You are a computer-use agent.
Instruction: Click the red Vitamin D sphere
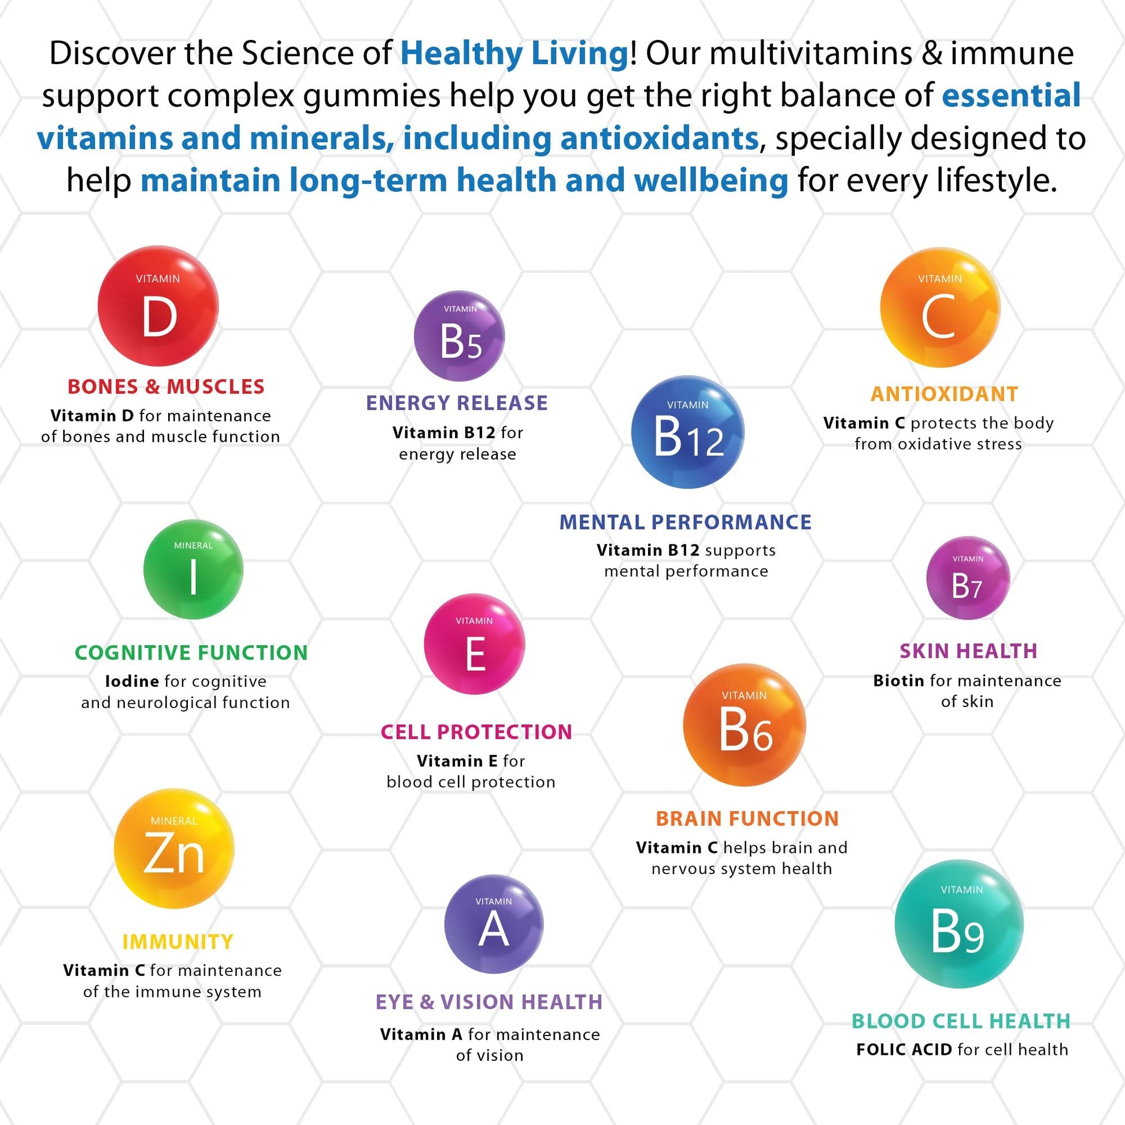click(x=158, y=306)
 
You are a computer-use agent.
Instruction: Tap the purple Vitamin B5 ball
click(x=460, y=336)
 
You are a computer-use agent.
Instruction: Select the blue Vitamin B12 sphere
click(x=688, y=432)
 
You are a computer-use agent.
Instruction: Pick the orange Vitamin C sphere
click(x=940, y=308)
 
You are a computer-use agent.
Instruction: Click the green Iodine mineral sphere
click(x=193, y=569)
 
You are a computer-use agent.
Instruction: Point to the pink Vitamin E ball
click(x=475, y=644)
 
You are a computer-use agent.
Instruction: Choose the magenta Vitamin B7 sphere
click(x=968, y=578)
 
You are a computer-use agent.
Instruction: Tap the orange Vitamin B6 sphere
click(x=745, y=725)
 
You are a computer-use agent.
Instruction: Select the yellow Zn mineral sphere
click(x=174, y=849)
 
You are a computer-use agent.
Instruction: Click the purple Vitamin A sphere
click(x=494, y=924)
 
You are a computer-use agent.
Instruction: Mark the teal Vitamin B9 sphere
click(x=959, y=924)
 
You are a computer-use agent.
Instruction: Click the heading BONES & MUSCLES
click(x=166, y=387)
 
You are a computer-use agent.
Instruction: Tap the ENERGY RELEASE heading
click(x=457, y=403)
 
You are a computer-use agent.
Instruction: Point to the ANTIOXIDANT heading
click(x=945, y=394)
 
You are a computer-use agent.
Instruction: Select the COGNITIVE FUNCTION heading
click(x=191, y=653)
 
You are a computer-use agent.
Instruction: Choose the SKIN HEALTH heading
click(x=969, y=651)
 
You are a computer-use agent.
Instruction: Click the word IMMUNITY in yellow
click(x=178, y=942)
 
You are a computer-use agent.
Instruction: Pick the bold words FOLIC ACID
click(x=904, y=1049)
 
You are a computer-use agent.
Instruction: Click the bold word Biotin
click(x=899, y=680)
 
